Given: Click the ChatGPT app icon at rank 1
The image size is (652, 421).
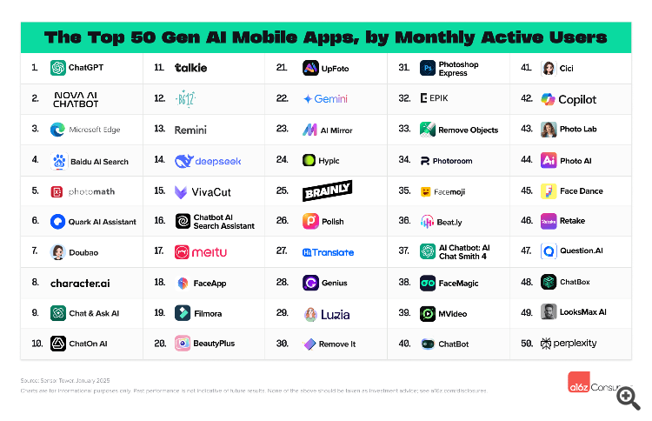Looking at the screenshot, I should point(58,68).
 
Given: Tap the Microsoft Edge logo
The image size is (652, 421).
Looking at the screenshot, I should point(58,130).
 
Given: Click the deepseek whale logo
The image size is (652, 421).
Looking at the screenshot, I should point(184,161).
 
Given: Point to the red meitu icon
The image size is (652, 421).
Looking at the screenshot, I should point(182,252).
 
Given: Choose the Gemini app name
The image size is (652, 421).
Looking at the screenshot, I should point(330,99).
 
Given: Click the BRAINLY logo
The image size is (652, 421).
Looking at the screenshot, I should point(327,190).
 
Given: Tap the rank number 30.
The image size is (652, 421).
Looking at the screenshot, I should point(282,344).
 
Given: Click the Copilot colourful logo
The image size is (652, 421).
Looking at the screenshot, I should point(549,99).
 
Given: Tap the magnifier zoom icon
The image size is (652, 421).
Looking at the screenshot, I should point(628,398).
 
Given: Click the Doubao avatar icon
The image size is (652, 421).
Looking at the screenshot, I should point(58,252).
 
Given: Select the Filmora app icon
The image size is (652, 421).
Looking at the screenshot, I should point(182,313).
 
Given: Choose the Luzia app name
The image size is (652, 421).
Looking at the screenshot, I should point(336,313).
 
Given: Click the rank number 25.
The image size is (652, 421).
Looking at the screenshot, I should point(282,190).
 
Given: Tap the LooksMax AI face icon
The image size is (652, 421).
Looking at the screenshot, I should point(549,312).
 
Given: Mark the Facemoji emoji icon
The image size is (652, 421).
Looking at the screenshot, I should point(427,191).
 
